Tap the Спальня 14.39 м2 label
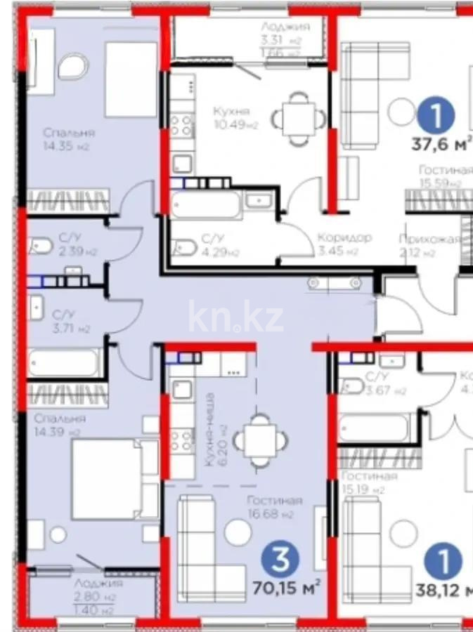click(60, 425)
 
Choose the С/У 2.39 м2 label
click(78, 245)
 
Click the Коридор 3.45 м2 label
click(344, 244)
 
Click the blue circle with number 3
click(280, 560)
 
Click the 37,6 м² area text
click(441, 145)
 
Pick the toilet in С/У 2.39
click(40, 246)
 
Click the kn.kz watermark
click(235, 318)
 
